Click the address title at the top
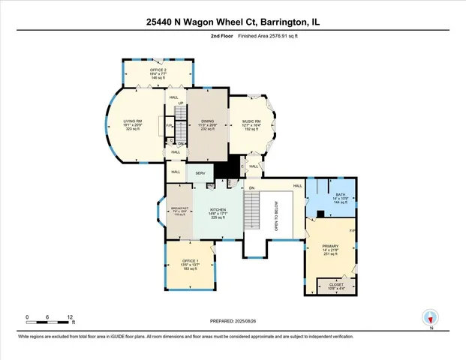233,23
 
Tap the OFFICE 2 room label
157,70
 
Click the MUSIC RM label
251,121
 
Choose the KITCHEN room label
218,211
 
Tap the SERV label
200,173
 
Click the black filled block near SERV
222,172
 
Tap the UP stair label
180,103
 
